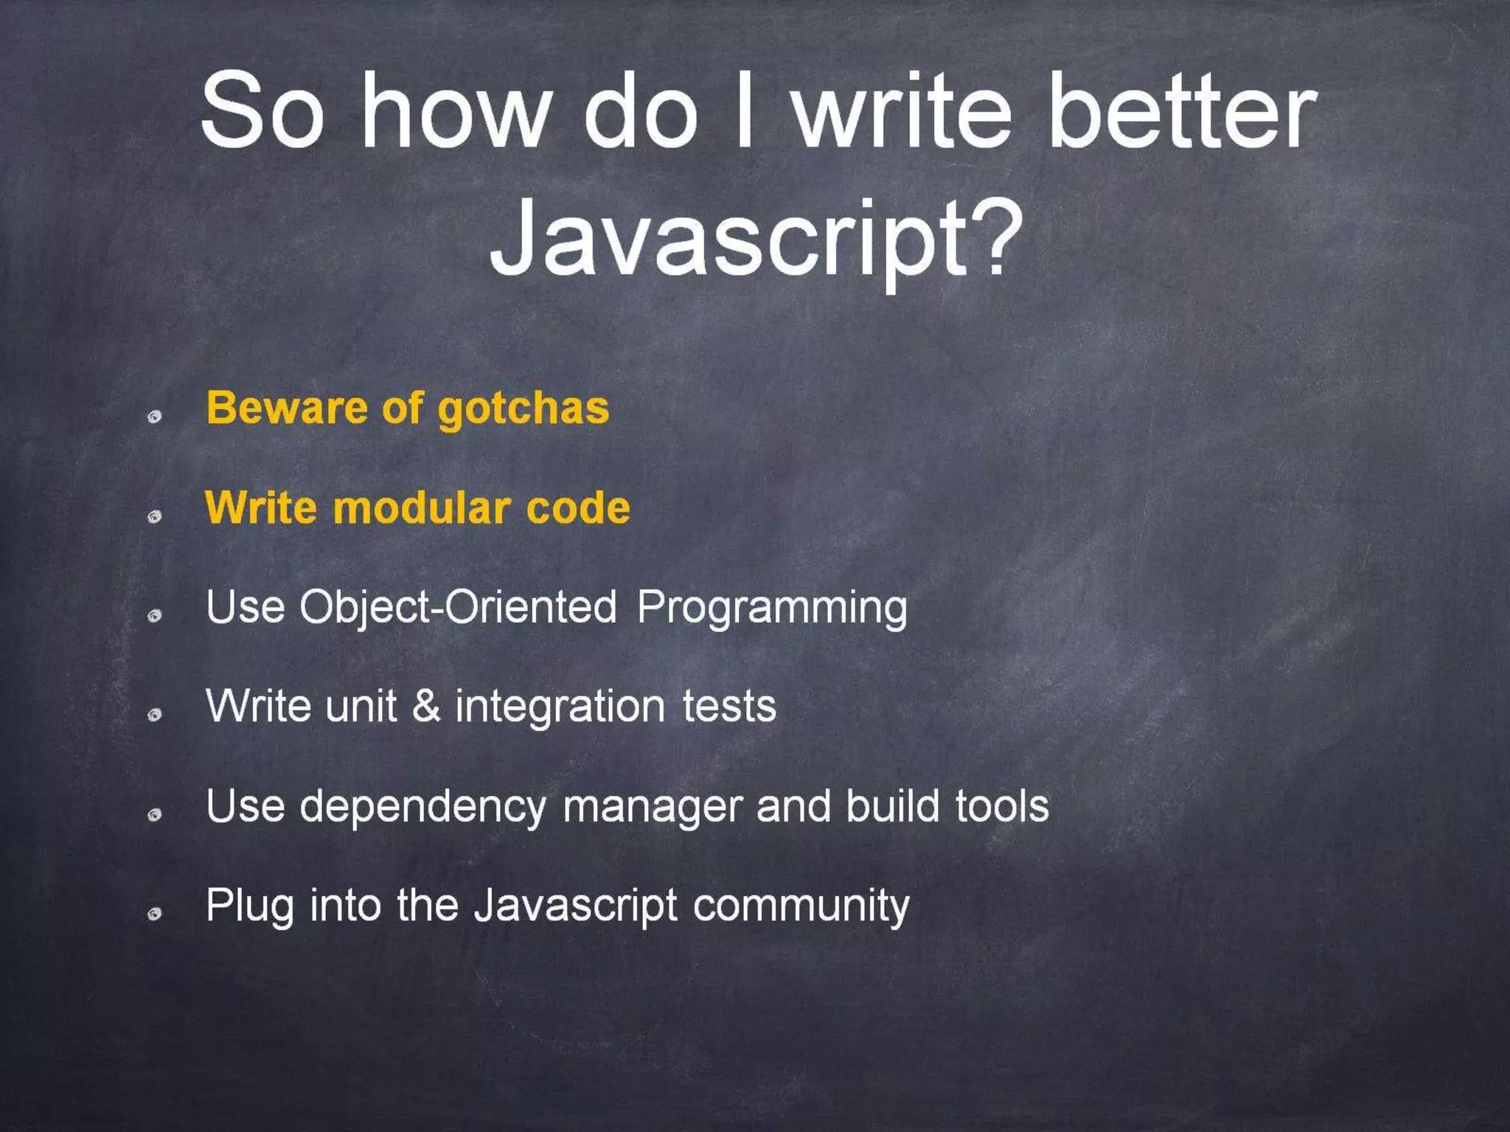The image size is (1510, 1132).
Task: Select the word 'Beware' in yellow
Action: pyautogui.click(x=285, y=408)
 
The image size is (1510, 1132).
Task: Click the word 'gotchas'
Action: pyautogui.click(x=523, y=409)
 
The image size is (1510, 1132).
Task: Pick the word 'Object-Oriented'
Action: pyautogui.click(x=458, y=608)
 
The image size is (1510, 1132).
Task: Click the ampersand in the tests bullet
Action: pyautogui.click(x=426, y=706)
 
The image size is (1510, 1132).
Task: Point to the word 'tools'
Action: pyautogui.click(x=1002, y=806)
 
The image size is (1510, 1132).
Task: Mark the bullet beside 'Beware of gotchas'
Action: pyautogui.click(x=154, y=417)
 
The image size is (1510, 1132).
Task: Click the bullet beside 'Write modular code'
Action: pyautogui.click(x=154, y=517)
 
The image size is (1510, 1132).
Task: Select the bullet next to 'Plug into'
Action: pyautogui.click(x=154, y=915)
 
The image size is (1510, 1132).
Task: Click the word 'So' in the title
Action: pyautogui.click(x=262, y=111)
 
